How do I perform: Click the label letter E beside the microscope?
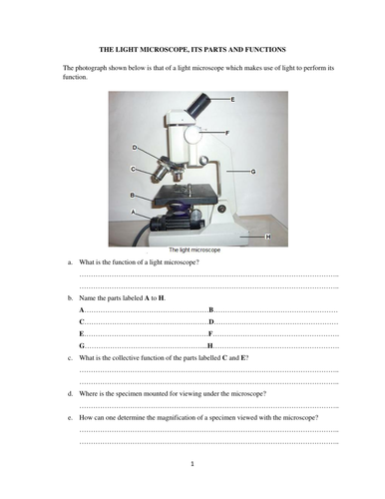[232, 101]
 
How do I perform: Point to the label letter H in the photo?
[269, 236]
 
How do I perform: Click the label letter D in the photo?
[135, 148]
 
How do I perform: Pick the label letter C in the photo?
[134, 170]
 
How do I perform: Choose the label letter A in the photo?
[134, 213]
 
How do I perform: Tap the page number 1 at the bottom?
[192, 465]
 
